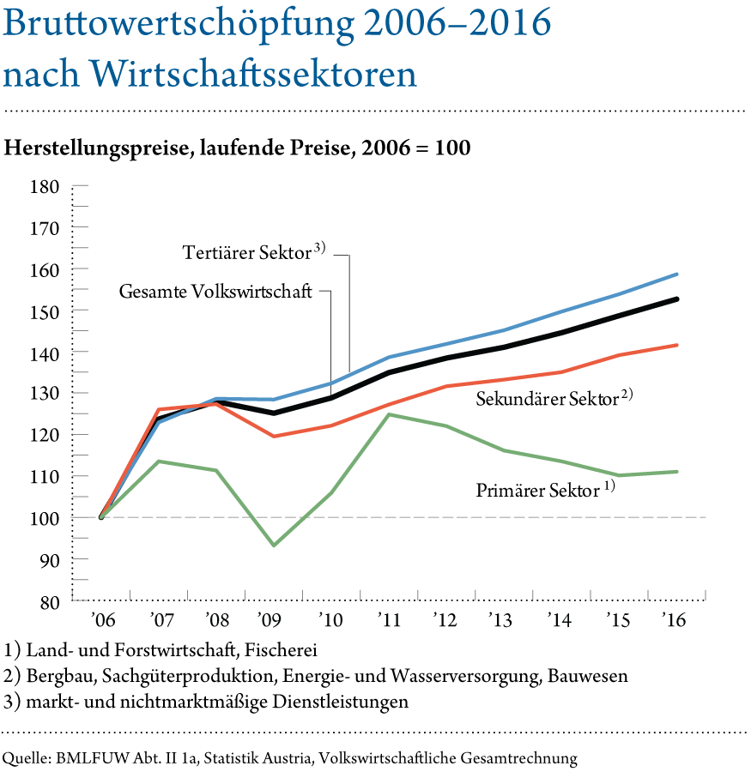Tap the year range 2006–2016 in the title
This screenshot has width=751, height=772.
click(x=457, y=25)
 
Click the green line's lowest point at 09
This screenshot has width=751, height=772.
click(x=274, y=546)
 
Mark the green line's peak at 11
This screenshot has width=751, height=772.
click(x=390, y=414)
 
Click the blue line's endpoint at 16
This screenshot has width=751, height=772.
click(x=677, y=274)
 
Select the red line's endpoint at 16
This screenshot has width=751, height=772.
click(x=677, y=345)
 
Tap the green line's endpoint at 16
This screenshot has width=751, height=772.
click(x=677, y=472)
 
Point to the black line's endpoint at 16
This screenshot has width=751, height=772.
click(x=677, y=299)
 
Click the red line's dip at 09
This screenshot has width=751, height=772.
click(x=274, y=436)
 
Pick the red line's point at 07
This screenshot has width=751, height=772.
click(x=160, y=409)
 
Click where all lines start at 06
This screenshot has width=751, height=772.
click(x=102, y=517)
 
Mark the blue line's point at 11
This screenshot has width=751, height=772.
click(x=390, y=357)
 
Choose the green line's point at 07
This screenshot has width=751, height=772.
click(x=160, y=461)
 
